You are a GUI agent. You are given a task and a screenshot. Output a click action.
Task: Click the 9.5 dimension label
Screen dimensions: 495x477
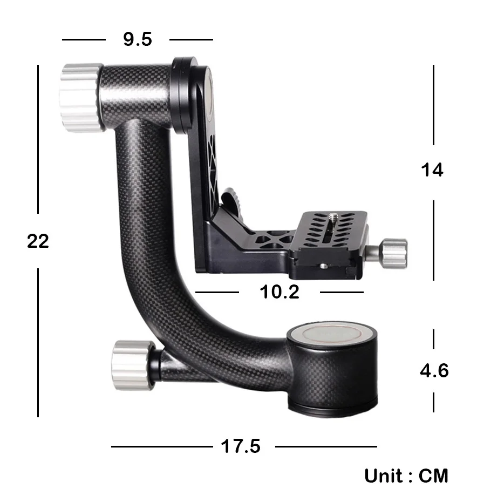coord(138,39)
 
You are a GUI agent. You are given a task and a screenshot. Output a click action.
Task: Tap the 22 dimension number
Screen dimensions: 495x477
coord(38,241)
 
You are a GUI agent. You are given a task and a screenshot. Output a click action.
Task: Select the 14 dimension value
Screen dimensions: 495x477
coord(432,170)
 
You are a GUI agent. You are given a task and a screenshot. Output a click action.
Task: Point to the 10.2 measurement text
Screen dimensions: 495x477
coord(280,292)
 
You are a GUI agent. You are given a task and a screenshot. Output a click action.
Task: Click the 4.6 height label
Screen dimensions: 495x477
coord(434,371)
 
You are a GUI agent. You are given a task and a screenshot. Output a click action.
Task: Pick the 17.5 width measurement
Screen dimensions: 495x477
coord(241,446)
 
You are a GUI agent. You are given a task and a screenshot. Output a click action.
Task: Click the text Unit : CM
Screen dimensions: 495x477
coord(406,476)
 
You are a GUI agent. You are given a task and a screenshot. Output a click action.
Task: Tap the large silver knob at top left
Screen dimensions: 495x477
coord(81,97)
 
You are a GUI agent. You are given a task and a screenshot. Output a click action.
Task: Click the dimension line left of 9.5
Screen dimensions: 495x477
coord(84,39)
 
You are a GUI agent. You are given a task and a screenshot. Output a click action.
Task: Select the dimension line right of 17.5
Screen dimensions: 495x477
coord(326,446)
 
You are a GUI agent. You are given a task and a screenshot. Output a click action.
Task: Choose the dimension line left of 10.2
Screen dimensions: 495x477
coord(217,292)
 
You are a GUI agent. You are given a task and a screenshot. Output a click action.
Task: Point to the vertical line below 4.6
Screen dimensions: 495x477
coord(433,402)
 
